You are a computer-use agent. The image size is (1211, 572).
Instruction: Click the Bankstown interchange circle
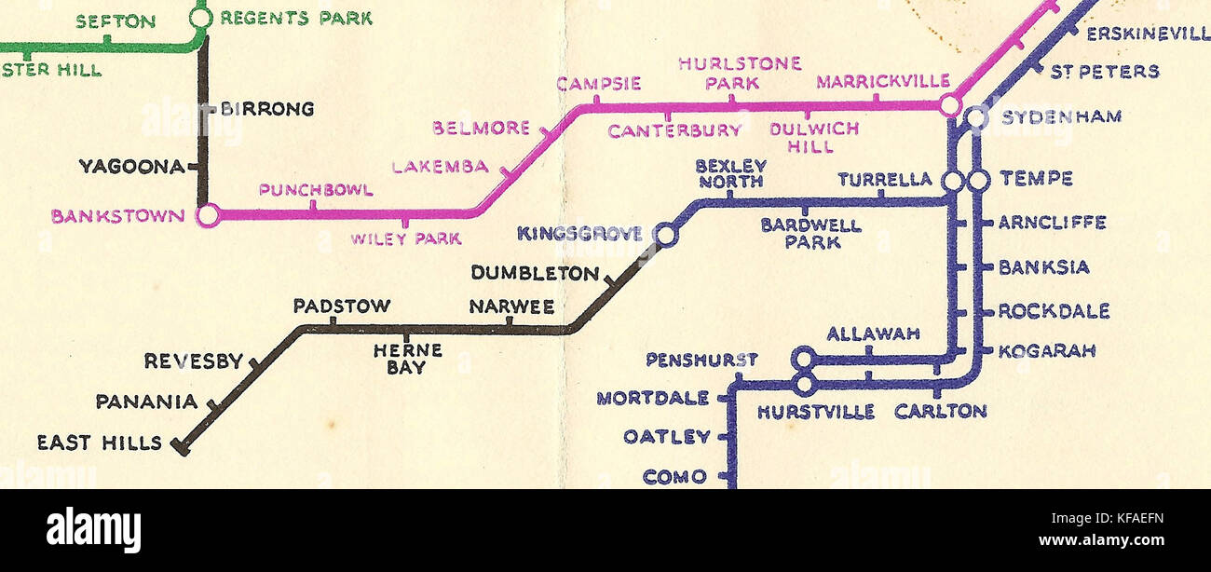[x=209, y=216]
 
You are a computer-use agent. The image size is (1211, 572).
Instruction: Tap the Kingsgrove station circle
[x=666, y=236]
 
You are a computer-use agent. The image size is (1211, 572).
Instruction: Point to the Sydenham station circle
[x=975, y=117]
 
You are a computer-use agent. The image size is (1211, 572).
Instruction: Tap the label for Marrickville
[x=883, y=82]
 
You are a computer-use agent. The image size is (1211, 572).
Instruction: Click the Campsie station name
[x=598, y=84]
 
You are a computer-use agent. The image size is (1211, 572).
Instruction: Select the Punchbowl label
[x=316, y=191]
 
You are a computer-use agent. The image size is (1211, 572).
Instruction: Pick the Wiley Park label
[x=405, y=239]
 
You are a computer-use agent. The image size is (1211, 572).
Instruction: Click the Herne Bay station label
[x=407, y=359]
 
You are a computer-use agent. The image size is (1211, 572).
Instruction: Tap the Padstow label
[x=342, y=306]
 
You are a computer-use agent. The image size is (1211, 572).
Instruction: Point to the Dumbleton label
[x=535, y=274]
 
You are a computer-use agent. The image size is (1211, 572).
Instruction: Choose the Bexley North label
[x=731, y=173]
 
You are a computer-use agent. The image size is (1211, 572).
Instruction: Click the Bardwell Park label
[x=810, y=234]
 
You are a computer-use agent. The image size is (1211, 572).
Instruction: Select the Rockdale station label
[x=1054, y=311]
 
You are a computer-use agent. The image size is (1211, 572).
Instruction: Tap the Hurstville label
[x=816, y=412]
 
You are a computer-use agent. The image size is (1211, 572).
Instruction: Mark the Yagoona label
[x=131, y=167]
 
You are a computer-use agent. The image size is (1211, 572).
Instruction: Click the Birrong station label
[x=266, y=109]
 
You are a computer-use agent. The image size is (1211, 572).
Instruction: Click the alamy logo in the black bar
[x=93, y=529]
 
